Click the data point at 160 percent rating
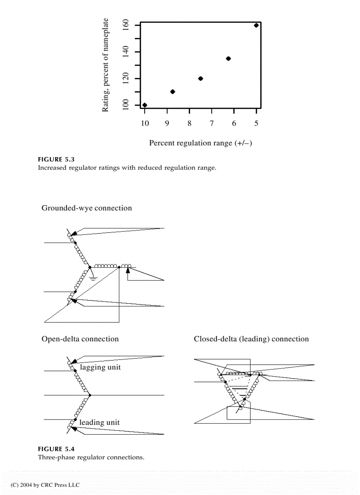point(256,25)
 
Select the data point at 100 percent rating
point(145,105)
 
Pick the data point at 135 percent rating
point(228,59)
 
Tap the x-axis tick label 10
point(145,123)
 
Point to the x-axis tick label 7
point(212,123)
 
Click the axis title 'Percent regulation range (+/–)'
point(200,143)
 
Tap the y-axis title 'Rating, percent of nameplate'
point(105,65)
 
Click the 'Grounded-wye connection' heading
point(86,208)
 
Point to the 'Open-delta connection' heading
point(80,339)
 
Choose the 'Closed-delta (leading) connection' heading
point(251,339)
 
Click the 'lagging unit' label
point(100,367)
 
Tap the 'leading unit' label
point(99,422)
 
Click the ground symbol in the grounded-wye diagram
point(93,278)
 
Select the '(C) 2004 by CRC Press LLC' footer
point(45,485)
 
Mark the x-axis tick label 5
point(256,123)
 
